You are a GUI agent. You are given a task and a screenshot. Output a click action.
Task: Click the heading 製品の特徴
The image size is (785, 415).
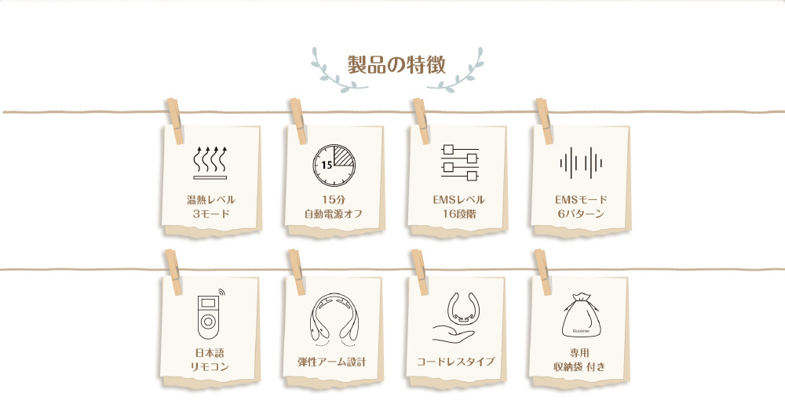(x=396, y=65)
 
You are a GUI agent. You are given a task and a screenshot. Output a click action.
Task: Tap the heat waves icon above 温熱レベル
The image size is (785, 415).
(x=210, y=162)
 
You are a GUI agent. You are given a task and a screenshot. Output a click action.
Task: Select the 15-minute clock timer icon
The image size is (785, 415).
(x=334, y=166)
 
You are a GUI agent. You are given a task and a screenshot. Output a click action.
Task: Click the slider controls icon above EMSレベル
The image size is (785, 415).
(x=460, y=162)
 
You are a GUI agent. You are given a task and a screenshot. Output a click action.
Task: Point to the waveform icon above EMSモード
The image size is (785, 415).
(x=581, y=163)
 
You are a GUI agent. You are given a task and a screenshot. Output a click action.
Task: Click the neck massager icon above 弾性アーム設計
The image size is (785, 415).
(x=334, y=319)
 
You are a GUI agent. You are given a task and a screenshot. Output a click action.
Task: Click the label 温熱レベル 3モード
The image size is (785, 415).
(x=210, y=207)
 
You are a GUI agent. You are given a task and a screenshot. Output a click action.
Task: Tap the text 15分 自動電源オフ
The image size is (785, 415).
(x=334, y=207)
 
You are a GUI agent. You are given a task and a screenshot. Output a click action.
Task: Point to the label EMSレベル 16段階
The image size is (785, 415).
(x=458, y=207)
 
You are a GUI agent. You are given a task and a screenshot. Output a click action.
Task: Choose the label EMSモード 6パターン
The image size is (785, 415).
(x=581, y=207)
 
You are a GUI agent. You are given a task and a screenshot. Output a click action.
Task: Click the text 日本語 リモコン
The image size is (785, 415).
(x=210, y=360)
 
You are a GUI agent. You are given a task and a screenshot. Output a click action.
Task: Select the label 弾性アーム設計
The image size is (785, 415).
(x=331, y=362)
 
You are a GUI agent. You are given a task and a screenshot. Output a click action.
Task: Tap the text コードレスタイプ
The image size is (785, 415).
(x=455, y=362)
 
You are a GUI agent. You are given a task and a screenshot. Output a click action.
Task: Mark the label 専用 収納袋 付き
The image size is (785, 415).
(x=579, y=360)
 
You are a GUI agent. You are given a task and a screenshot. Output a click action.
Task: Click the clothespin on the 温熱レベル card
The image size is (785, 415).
(x=175, y=121)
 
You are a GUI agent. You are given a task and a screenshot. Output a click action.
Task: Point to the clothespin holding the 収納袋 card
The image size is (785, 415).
(x=542, y=272)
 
